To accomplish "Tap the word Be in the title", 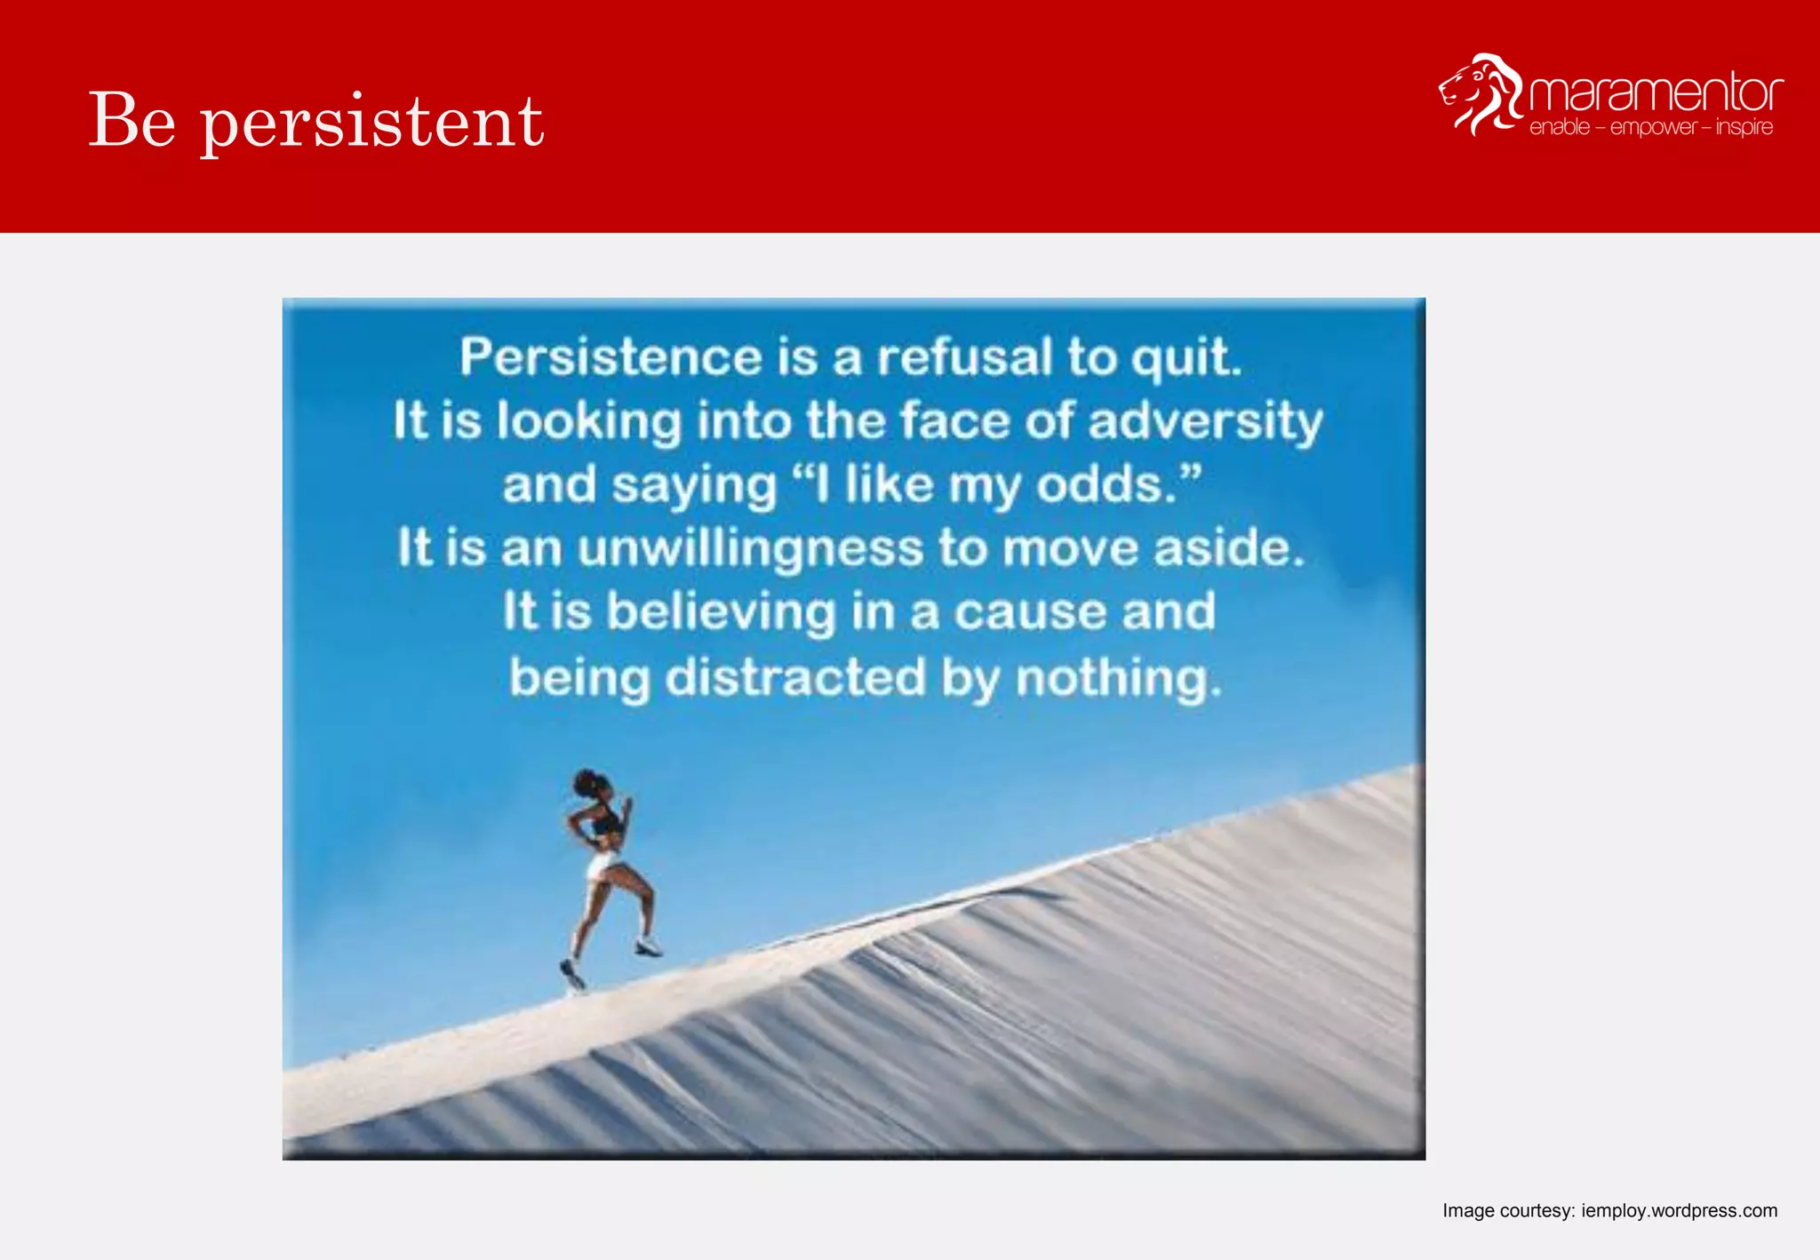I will (132, 120).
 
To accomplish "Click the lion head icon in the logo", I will (1480, 94).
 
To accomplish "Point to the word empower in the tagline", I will (1653, 128).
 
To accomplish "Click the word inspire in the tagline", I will (1744, 128).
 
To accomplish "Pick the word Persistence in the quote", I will (611, 357).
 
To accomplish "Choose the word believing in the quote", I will (721, 612).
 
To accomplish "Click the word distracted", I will (795, 677).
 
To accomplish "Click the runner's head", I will (594, 786).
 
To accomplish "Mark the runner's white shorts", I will (603, 863).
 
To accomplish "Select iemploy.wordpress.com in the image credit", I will (1679, 1210).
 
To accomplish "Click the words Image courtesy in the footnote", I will (1507, 1210).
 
